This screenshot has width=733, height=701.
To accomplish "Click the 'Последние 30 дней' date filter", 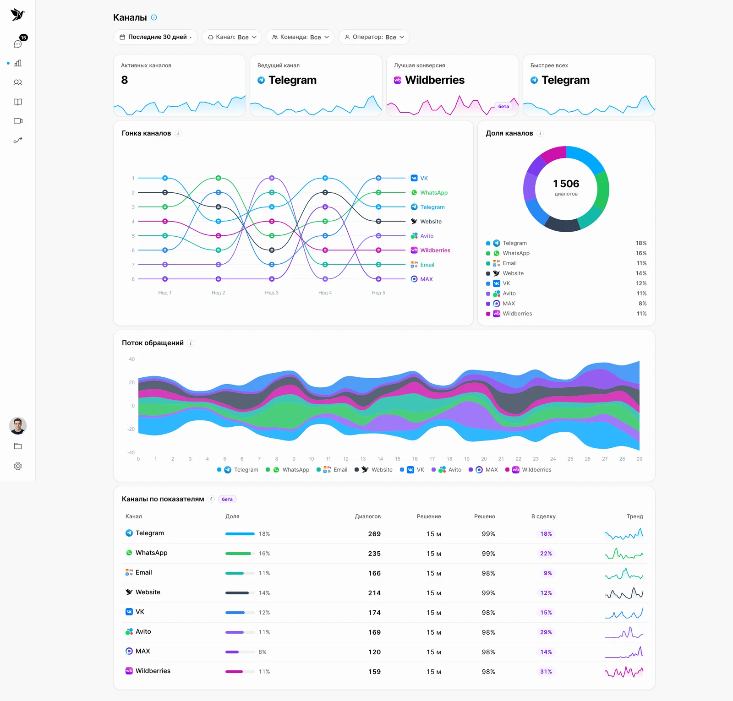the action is [155, 37].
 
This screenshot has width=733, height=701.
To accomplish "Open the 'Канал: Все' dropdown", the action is [232, 37].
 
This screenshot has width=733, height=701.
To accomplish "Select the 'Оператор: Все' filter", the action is [374, 37].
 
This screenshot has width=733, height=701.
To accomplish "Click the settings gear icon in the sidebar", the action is [18, 466].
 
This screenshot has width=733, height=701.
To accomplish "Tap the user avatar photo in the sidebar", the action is [18, 426].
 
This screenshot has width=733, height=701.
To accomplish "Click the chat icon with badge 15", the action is [18, 44].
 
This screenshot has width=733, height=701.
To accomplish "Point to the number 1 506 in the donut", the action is [566, 184].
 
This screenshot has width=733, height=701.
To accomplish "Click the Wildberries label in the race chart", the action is [435, 250].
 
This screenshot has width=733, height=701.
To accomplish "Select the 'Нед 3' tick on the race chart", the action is [272, 293].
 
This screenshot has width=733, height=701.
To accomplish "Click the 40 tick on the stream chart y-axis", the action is [132, 359].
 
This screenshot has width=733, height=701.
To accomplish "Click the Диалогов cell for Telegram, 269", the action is [374, 534].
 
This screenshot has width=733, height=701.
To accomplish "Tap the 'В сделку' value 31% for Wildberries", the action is [546, 672].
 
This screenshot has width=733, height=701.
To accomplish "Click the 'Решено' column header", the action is [485, 516].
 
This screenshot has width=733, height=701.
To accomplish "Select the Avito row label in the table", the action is [143, 631].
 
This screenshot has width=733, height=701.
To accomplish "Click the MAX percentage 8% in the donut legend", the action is [643, 304].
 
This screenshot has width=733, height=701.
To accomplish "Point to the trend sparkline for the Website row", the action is [624, 593].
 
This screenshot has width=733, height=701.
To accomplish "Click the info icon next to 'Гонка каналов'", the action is [178, 133].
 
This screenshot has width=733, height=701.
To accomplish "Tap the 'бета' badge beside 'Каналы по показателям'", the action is [227, 499].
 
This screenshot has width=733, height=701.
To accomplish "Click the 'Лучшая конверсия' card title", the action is [420, 65].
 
